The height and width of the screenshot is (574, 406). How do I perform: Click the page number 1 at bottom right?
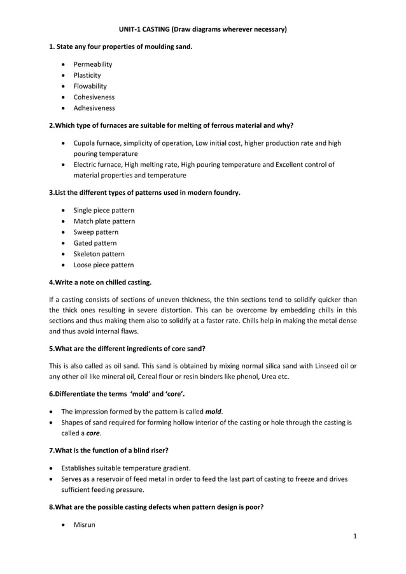[355, 536]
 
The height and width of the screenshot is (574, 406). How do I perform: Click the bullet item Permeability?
[93, 64]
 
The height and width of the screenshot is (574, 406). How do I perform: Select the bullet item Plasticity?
[87, 75]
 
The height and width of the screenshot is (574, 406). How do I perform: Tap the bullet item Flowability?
[90, 86]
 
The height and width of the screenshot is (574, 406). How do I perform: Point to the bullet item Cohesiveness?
[94, 97]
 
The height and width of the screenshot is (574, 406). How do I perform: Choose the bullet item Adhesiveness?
[94, 108]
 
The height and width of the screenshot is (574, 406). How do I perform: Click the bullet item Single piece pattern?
[104, 210]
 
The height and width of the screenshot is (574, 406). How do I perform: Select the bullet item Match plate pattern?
[104, 221]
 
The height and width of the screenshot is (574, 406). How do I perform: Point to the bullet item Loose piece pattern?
[104, 265]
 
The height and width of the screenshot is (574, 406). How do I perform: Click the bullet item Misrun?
[84, 525]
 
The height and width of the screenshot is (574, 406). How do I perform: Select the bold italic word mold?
[214, 412]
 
